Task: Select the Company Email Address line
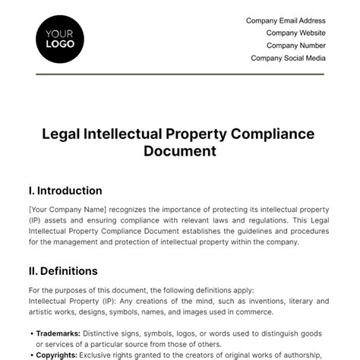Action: pos(286,21)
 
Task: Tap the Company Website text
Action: pos(295,33)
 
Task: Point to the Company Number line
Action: pos(294,45)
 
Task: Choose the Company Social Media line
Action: pos(288,57)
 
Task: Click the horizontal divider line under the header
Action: pos(180,74)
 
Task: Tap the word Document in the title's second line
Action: pos(180,150)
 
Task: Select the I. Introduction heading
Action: pos(65,191)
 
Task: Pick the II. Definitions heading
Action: pos(63,270)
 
